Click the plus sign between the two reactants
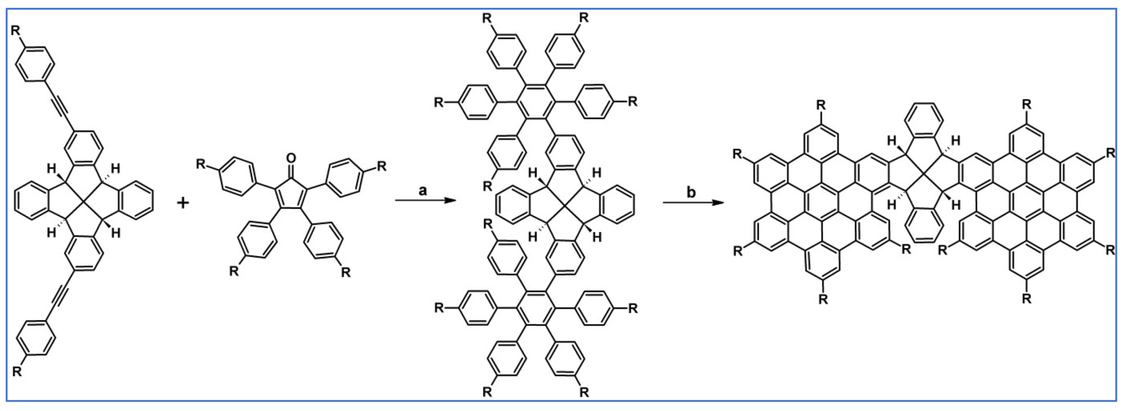pos(183,203)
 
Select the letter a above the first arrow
pos(423,191)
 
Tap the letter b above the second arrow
pos(691,192)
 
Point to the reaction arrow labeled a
pos(426,201)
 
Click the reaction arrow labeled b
pos(693,202)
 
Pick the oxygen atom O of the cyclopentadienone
pos(290,158)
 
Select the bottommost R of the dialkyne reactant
pos(17,371)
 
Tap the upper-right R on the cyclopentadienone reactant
pos(381,166)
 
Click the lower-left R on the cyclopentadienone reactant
pos(234,272)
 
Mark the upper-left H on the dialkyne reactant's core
pos(52,169)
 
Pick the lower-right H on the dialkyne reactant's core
pos(115,233)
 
